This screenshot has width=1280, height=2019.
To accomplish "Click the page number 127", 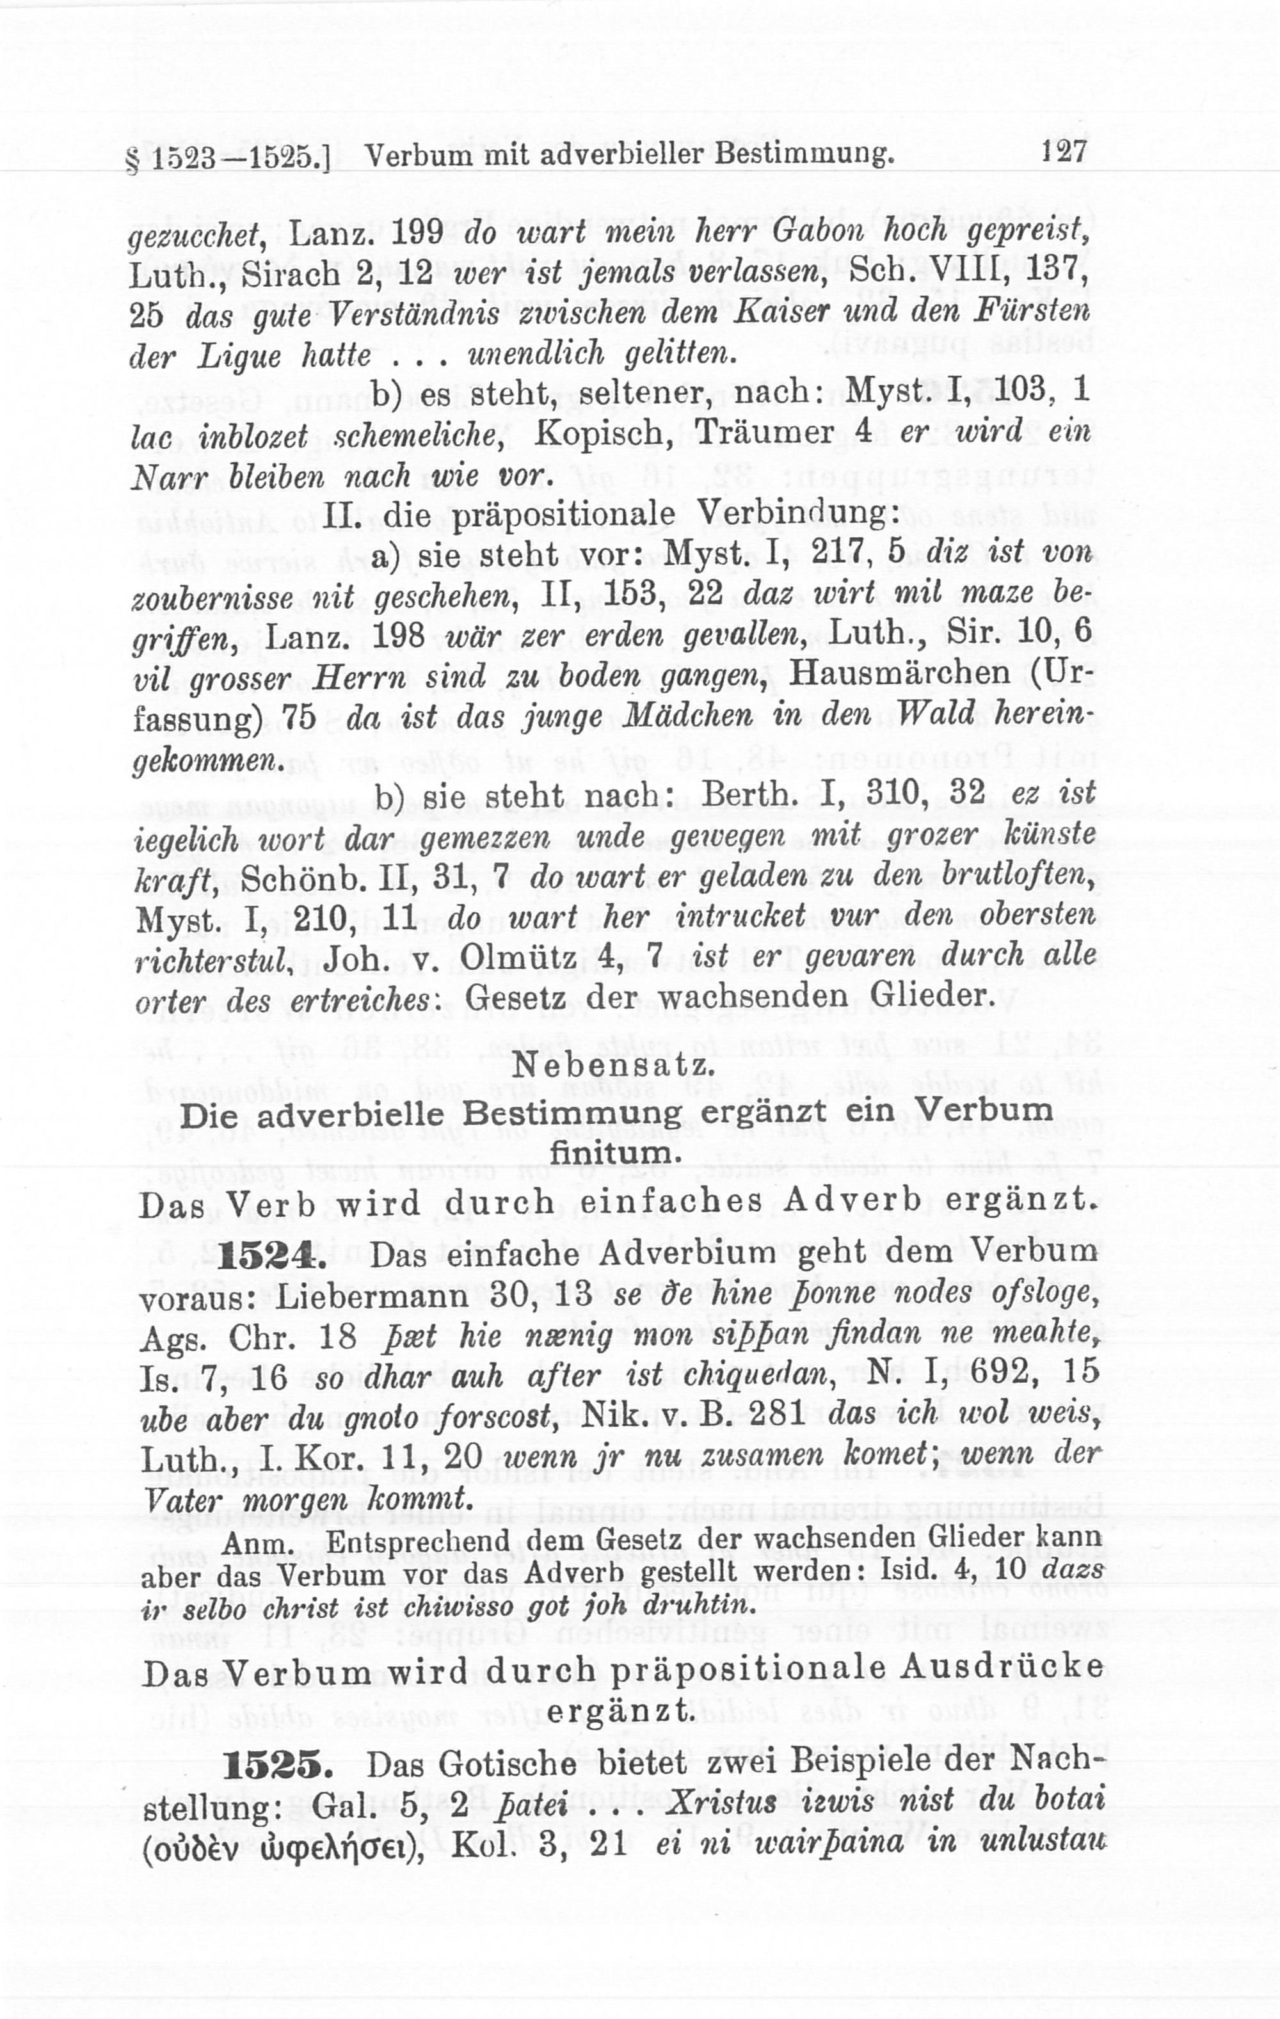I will pos(1064,151).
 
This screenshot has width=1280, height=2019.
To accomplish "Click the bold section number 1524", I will pos(268,1257).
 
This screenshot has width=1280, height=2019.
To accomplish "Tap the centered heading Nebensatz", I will pos(614,1066).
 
